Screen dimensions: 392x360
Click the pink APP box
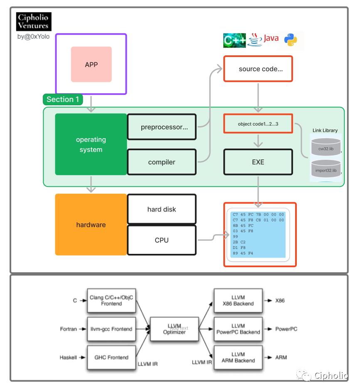coord(91,64)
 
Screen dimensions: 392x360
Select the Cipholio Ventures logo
coord(33,22)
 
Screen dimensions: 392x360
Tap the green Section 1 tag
coord(63,99)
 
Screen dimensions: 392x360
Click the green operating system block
coord(91,144)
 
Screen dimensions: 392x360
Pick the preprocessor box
coord(161,127)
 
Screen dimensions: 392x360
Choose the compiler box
coord(161,162)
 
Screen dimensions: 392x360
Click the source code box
coord(258,69)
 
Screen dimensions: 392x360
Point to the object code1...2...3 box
coord(258,124)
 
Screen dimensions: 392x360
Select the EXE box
coord(258,162)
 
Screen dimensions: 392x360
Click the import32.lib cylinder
coord(325,169)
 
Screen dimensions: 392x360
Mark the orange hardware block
coord(91,225)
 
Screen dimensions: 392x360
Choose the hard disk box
coord(161,209)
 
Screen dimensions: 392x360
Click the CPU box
coord(161,240)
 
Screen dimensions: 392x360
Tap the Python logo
coord(291,40)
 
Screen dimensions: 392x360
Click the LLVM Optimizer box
coord(174,329)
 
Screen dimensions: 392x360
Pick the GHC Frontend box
coord(112,357)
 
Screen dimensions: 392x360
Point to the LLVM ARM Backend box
coord(238,357)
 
